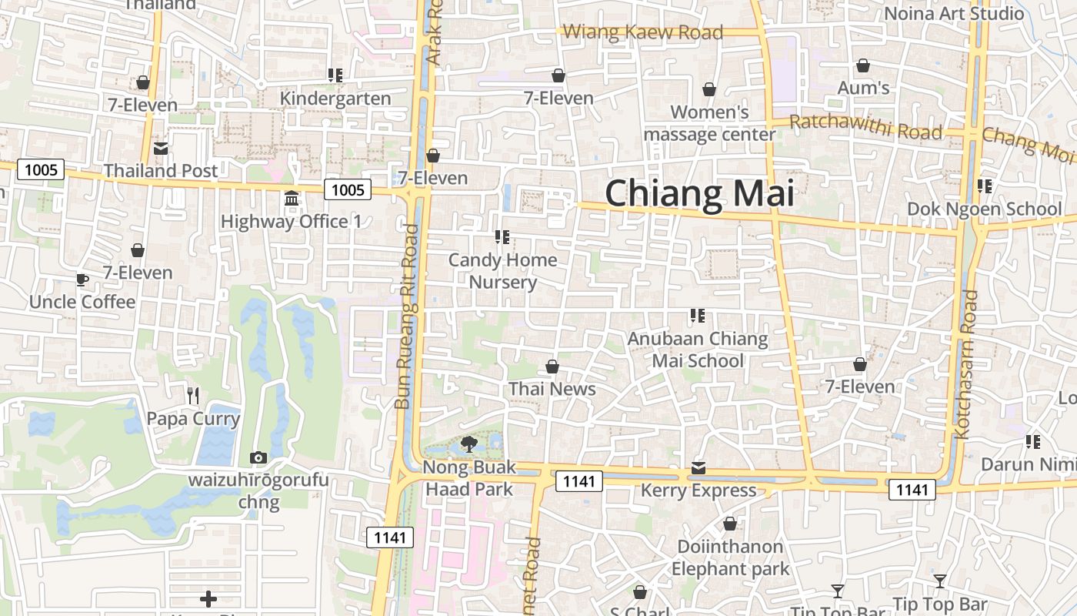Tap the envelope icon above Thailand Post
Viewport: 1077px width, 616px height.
point(161,148)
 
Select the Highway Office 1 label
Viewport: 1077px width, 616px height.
point(291,222)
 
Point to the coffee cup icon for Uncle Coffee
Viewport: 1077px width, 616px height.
point(82,280)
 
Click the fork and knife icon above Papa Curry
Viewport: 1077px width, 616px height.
point(193,396)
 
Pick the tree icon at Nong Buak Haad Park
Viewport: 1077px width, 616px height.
point(468,444)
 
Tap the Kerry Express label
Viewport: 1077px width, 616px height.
point(699,490)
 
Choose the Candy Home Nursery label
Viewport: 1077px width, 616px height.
point(503,271)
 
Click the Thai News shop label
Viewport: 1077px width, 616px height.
point(552,389)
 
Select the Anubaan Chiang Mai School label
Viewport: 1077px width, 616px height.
point(698,350)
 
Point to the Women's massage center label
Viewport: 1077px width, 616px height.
point(709,123)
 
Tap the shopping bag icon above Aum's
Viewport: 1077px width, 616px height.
point(863,66)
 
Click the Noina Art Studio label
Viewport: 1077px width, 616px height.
point(954,13)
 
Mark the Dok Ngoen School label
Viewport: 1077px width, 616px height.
point(984,209)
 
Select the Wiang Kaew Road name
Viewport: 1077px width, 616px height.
point(643,32)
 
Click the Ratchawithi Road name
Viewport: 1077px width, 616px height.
point(865,127)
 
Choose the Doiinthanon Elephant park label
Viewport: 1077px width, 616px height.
point(730,558)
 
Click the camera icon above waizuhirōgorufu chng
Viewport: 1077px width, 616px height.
point(258,457)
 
